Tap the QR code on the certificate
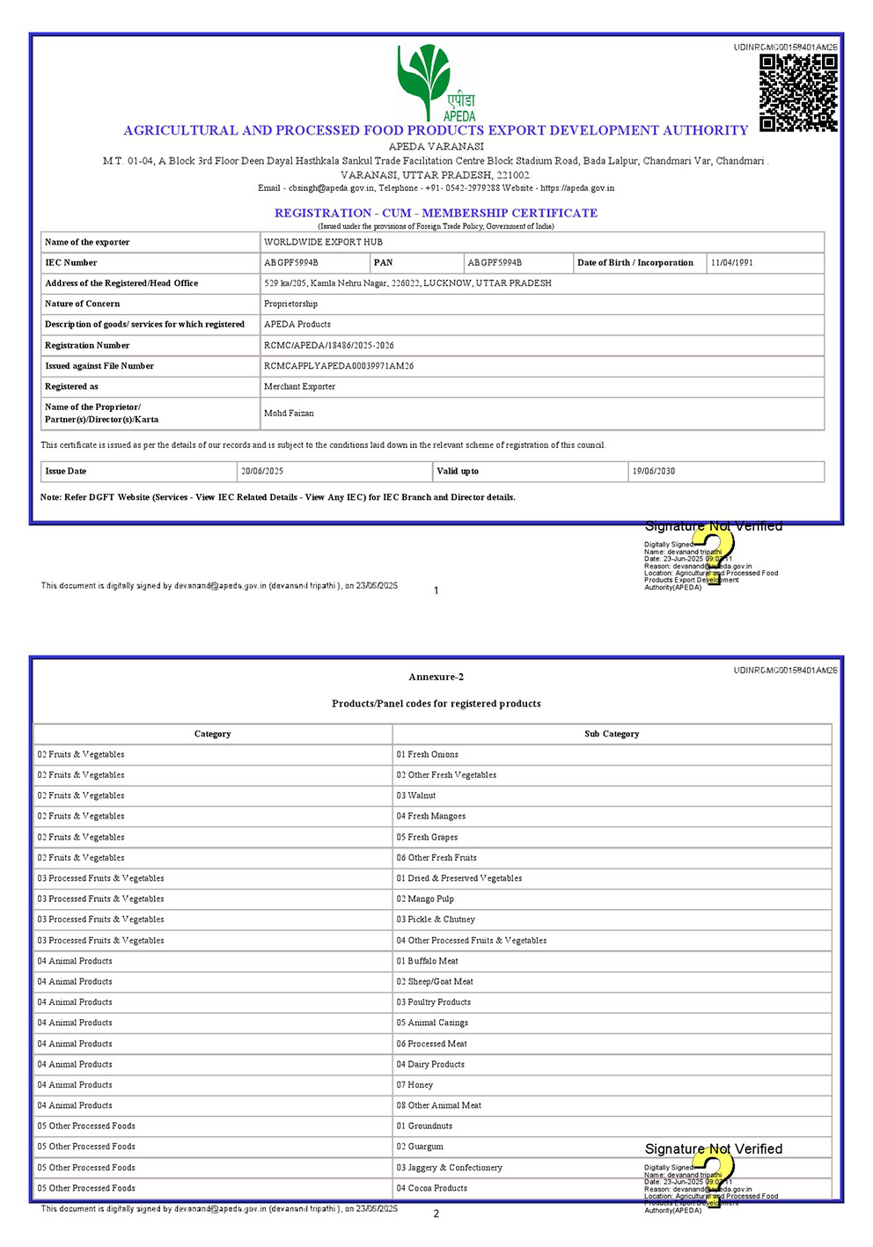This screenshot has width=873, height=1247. (x=798, y=92)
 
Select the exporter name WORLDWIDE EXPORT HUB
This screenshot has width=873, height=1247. (x=323, y=242)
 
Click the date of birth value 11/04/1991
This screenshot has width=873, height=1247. (x=731, y=263)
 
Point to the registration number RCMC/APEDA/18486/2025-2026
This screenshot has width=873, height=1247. (x=329, y=346)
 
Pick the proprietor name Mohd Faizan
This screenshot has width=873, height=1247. (x=289, y=414)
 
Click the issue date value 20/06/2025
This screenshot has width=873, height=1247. (x=262, y=472)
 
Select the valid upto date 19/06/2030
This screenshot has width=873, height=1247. (x=654, y=472)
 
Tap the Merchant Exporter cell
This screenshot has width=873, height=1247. (x=299, y=387)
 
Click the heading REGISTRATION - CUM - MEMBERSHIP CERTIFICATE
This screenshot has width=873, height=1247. (x=436, y=213)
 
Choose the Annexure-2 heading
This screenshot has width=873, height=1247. (x=436, y=677)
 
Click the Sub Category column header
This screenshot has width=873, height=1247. (x=612, y=734)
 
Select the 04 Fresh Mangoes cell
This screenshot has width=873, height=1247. (x=431, y=817)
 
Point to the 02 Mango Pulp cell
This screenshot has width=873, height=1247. (x=425, y=899)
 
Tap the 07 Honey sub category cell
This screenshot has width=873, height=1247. (x=414, y=1085)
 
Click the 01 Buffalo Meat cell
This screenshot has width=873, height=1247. (x=427, y=961)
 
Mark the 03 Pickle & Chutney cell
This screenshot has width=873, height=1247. (x=436, y=920)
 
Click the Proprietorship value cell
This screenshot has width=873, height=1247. (x=290, y=304)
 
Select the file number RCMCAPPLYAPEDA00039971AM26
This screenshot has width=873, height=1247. (x=339, y=366)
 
